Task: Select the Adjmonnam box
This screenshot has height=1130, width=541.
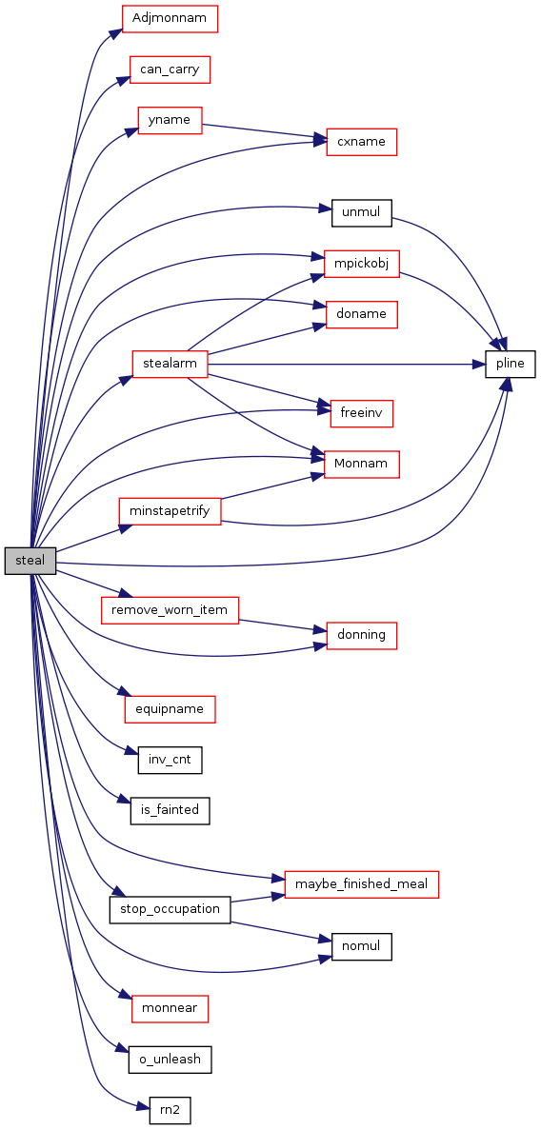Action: (170, 19)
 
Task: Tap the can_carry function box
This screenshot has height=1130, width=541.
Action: (170, 69)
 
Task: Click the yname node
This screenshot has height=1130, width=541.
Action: (170, 120)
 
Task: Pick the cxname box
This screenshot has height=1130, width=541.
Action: (362, 142)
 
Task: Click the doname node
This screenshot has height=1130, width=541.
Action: (362, 315)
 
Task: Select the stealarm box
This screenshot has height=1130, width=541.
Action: (170, 364)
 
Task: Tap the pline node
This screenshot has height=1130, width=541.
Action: (510, 364)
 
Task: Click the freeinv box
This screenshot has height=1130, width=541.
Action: (362, 414)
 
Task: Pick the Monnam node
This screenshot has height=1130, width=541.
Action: (362, 465)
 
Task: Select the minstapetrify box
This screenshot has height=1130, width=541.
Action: (170, 511)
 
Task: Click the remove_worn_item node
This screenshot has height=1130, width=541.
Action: (170, 610)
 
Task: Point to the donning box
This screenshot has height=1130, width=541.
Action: (362, 636)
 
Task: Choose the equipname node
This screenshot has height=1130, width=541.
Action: (170, 709)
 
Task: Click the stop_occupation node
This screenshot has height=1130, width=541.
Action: (170, 909)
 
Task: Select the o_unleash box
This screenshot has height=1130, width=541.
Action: (170, 1061)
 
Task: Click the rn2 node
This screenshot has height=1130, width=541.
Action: (170, 1111)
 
